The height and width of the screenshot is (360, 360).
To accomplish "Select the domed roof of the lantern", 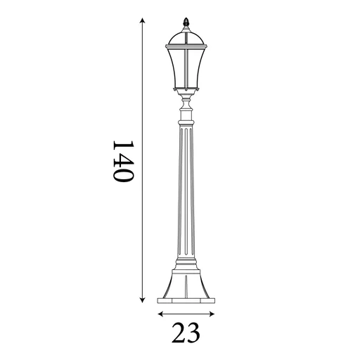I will (186, 36).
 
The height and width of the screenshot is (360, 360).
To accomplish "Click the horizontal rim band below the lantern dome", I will (186, 46).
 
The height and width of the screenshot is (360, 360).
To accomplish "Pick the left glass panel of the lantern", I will (176, 67).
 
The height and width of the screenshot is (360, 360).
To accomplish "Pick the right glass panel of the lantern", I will (196, 67).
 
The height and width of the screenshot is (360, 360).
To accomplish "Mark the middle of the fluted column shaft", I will (186, 190).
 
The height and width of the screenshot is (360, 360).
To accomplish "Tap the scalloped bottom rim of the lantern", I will (186, 91).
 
